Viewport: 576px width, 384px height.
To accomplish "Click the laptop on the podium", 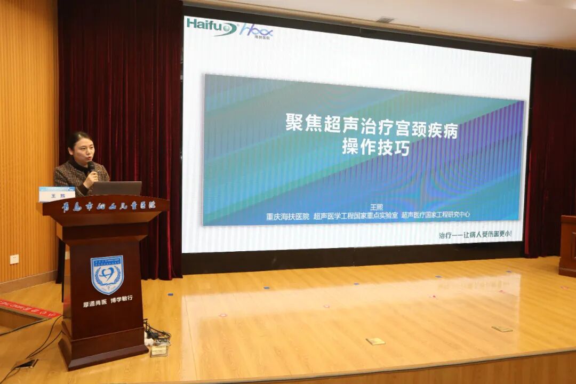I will (117, 188).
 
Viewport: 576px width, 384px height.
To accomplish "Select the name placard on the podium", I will (57, 194).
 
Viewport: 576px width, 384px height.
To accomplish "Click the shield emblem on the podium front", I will (107, 275).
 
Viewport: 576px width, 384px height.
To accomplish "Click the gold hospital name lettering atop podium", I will (107, 205).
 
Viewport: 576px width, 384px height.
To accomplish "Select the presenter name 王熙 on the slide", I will (377, 207).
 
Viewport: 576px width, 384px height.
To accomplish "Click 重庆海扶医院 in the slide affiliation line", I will (287, 216).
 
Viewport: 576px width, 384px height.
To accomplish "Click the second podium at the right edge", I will (567, 245).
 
